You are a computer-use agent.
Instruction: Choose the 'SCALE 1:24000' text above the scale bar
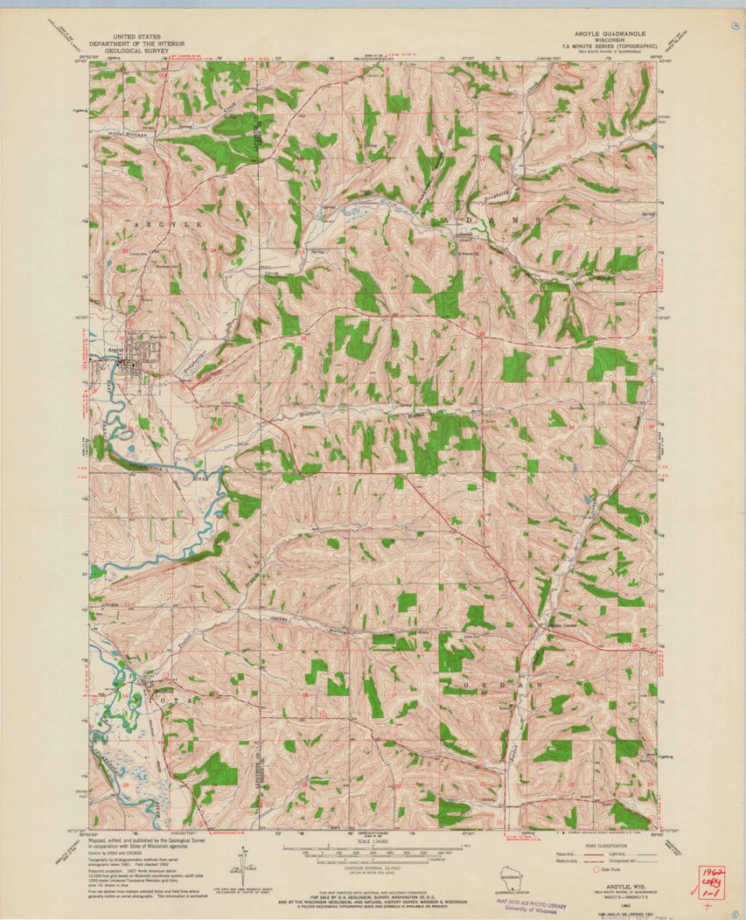pos(373,840)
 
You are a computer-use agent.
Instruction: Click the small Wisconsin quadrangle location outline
pos(507,875)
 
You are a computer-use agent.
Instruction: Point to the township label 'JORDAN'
pos(505,684)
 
